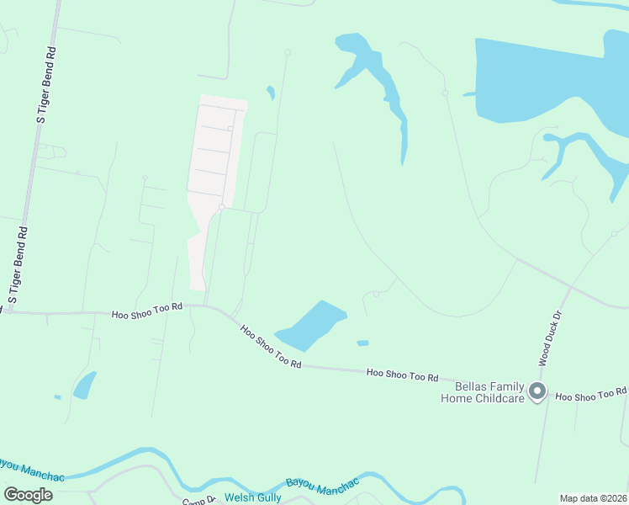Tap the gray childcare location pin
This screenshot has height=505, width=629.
tap(538, 392)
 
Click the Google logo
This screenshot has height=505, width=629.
tap(29, 495)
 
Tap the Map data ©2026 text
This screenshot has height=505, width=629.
tap(593, 498)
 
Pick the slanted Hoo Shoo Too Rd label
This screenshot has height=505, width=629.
tap(269, 347)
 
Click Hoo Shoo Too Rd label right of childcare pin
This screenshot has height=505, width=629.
tap(590, 394)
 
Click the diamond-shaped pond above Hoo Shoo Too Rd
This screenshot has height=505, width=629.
tap(312, 325)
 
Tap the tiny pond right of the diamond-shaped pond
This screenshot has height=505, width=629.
tap(362, 343)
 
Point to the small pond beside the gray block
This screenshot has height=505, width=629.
tap(270, 92)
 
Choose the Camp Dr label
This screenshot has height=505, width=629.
tap(200, 501)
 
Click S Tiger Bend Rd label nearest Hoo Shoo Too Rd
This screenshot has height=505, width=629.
tap(18, 264)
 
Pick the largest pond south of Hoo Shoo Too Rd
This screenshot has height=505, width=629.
tap(85, 385)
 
